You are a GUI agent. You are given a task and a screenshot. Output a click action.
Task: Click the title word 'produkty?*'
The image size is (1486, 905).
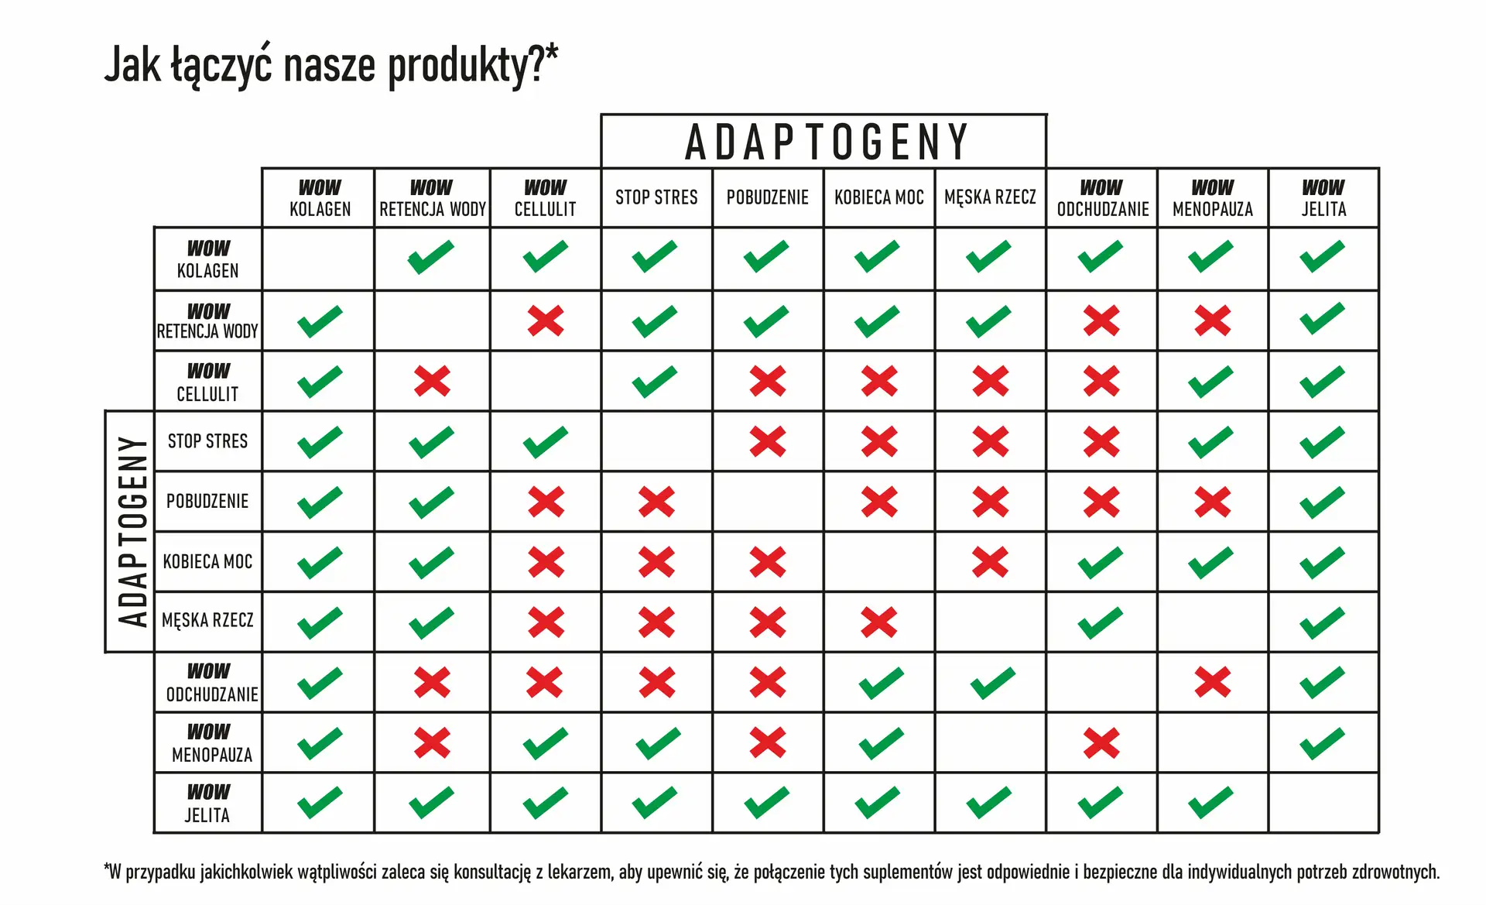tap(472, 65)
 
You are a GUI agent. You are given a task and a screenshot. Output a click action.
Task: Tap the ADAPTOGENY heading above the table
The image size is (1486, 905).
tap(826, 142)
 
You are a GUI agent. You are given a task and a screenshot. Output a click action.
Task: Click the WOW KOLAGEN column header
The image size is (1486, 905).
tap(320, 198)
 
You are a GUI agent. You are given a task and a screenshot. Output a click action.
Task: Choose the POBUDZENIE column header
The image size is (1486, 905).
tap(767, 198)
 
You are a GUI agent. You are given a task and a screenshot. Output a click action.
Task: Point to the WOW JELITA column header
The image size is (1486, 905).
tap(1323, 198)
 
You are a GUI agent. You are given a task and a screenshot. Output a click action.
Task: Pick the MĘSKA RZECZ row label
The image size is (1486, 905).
tap(207, 621)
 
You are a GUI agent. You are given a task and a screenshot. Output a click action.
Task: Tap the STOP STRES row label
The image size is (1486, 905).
tap(207, 441)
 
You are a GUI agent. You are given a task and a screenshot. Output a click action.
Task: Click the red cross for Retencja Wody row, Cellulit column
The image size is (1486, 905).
tap(546, 321)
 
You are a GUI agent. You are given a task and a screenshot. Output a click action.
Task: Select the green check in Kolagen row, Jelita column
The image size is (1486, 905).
tap(1322, 257)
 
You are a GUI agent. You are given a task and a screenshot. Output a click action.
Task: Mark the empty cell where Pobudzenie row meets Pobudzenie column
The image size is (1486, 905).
tap(767, 502)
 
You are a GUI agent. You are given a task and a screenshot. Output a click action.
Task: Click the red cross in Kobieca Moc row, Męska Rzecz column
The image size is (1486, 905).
tap(990, 562)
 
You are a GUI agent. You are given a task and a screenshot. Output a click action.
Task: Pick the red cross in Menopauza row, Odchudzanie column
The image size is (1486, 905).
tap(1101, 743)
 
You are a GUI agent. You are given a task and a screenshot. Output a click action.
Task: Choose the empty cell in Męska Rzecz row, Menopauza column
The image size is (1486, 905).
tap(1212, 622)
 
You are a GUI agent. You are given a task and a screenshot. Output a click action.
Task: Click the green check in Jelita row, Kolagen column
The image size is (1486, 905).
tap(319, 803)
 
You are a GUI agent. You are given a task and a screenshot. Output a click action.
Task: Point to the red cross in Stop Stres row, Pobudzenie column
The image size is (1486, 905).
tap(767, 441)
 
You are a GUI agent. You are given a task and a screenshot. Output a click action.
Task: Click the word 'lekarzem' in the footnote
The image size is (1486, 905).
tap(580, 872)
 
